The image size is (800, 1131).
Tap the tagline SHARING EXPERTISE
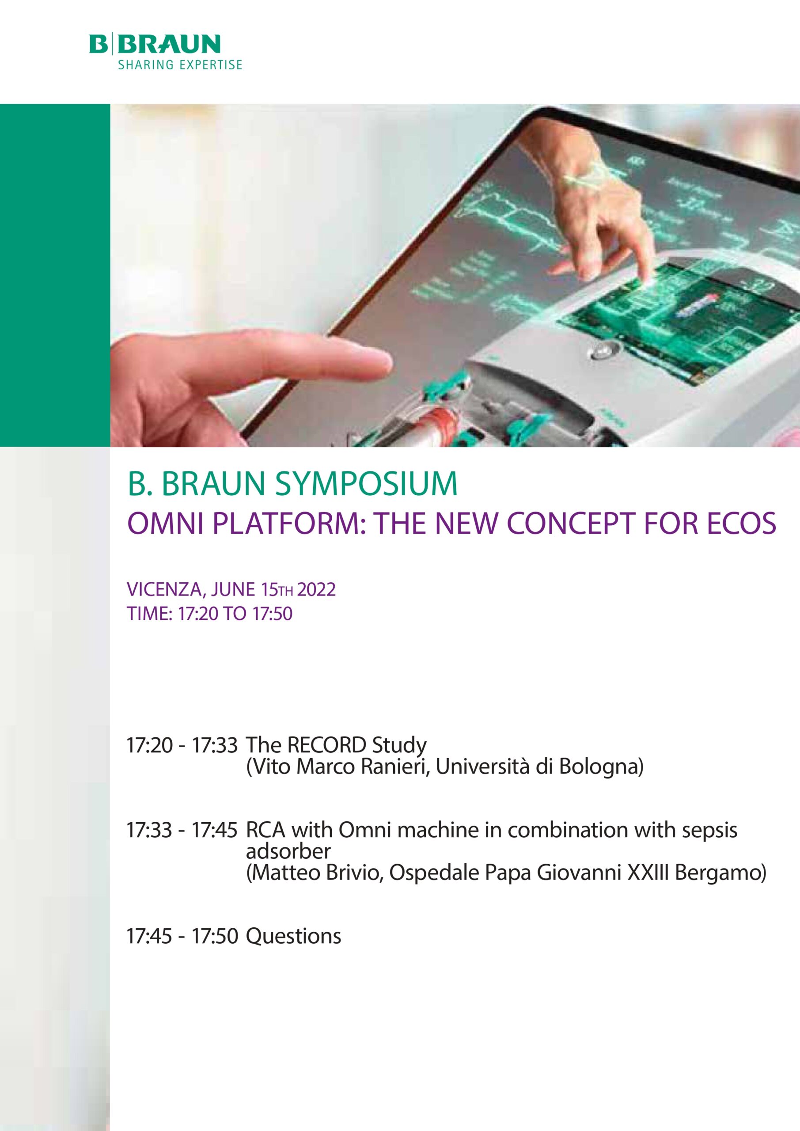pyautogui.click(x=180, y=65)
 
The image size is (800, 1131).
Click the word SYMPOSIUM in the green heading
pyautogui.click(x=366, y=484)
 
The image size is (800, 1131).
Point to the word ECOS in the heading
pyautogui.click(x=742, y=524)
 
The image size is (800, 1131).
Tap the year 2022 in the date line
pyautogui.click(x=316, y=590)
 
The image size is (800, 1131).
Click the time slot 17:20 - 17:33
pyautogui.click(x=182, y=745)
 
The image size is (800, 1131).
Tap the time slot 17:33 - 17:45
pyautogui.click(x=182, y=831)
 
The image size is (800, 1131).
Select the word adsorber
pyautogui.click(x=288, y=852)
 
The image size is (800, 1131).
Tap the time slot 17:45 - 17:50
pyautogui.click(x=182, y=936)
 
